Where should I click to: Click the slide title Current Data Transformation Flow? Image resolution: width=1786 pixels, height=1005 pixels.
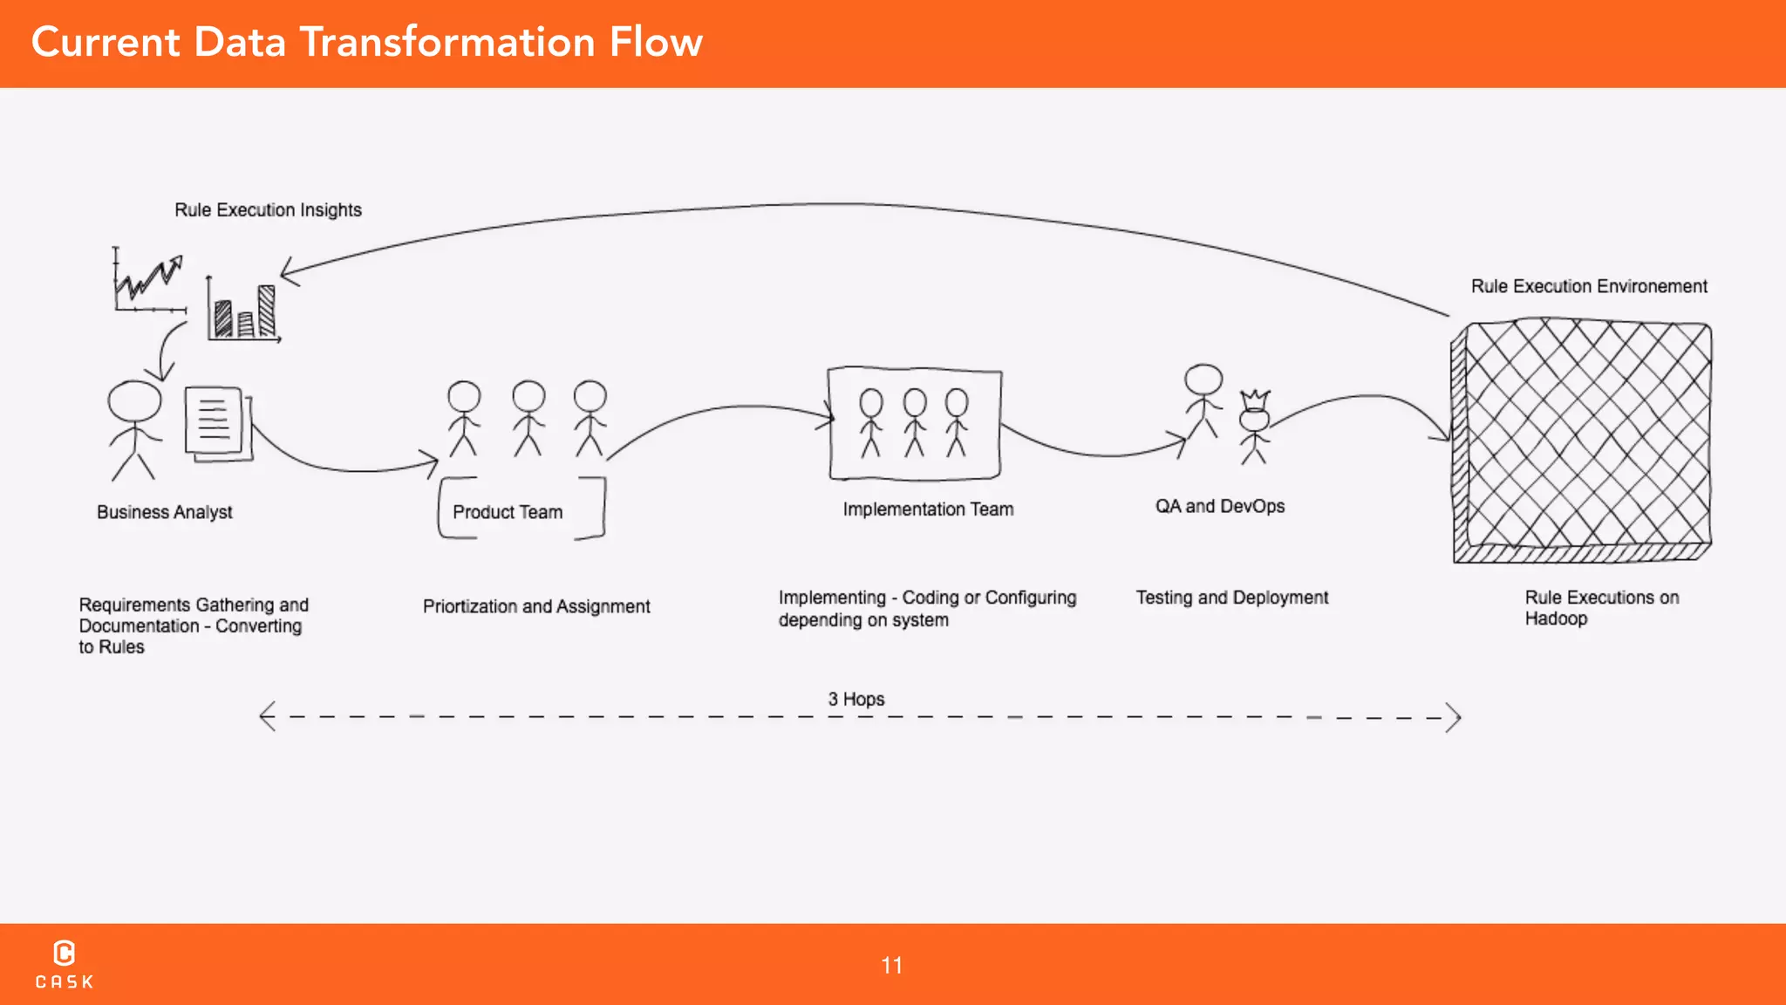pyautogui.click(x=366, y=42)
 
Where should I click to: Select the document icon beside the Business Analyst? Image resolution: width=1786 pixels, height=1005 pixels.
pyautogui.click(x=216, y=423)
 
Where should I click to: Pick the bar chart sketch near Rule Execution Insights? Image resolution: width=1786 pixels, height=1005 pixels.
pyautogui.click(x=243, y=311)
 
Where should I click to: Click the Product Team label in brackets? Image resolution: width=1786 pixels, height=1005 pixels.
pyautogui.click(x=508, y=512)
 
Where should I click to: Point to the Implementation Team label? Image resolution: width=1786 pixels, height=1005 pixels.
pyautogui.click(x=928, y=509)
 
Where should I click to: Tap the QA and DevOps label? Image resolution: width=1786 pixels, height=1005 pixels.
pyautogui.click(x=1219, y=507)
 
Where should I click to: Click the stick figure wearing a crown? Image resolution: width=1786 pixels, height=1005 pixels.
pyautogui.click(x=1254, y=426)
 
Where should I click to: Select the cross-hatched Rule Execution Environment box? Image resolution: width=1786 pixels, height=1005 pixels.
pyautogui.click(x=1581, y=441)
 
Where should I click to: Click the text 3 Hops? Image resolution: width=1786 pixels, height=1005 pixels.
pyautogui.click(x=856, y=699)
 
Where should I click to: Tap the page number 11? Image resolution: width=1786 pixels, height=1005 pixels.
pyautogui.click(x=891, y=966)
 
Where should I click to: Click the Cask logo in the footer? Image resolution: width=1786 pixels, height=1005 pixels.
pyautogui.click(x=65, y=964)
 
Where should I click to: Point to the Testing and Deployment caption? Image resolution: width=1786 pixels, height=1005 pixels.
pyautogui.click(x=1231, y=598)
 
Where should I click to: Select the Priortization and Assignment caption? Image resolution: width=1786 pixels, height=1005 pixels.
pyautogui.click(x=536, y=606)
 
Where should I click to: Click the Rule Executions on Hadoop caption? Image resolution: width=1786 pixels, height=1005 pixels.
pyautogui.click(x=1601, y=608)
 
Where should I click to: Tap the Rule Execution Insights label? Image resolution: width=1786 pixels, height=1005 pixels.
pyautogui.click(x=268, y=210)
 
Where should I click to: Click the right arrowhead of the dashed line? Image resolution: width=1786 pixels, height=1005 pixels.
pyautogui.click(x=1454, y=718)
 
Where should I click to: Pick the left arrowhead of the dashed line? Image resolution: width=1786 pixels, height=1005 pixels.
pyautogui.click(x=267, y=716)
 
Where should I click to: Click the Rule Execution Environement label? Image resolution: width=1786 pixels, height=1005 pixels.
pyautogui.click(x=1588, y=286)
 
